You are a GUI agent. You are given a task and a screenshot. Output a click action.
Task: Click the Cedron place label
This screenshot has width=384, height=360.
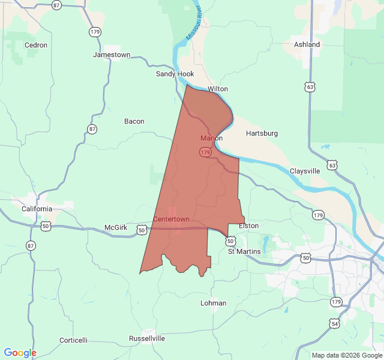[x=35, y=45]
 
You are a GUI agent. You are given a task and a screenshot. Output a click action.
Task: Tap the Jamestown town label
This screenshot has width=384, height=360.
[x=112, y=55]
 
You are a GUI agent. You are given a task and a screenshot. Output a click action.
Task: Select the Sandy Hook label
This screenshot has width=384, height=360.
[x=175, y=74]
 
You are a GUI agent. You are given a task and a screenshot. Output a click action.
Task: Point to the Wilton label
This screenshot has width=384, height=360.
[x=218, y=89]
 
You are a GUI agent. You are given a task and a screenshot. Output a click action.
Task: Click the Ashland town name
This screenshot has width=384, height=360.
[x=307, y=44]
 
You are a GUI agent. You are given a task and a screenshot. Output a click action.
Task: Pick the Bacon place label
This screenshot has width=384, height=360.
[x=134, y=121]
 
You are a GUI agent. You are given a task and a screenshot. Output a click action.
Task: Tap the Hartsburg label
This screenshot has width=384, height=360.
[x=262, y=133]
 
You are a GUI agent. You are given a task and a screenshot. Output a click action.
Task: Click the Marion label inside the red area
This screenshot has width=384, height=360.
[x=212, y=138]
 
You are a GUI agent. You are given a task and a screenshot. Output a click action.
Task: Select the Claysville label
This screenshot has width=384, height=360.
[x=305, y=171]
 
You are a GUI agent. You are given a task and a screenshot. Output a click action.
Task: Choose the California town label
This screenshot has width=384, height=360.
[x=37, y=209]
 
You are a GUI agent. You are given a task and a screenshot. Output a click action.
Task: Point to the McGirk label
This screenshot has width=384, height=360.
[x=116, y=227]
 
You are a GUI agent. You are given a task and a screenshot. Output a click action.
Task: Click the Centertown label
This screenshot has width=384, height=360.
[x=171, y=219]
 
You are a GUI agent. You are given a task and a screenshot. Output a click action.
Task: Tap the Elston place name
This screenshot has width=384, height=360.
[x=249, y=226]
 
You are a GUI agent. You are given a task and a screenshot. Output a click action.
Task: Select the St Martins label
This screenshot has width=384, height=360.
[x=244, y=251]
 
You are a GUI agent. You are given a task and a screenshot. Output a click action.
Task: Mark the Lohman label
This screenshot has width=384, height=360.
[x=214, y=303]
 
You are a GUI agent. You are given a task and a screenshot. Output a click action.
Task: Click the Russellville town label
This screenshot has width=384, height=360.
[x=147, y=338]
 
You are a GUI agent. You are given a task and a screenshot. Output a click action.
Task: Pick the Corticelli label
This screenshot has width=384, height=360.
[x=73, y=340]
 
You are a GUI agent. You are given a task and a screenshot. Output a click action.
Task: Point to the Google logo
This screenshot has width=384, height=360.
[x=20, y=353]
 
